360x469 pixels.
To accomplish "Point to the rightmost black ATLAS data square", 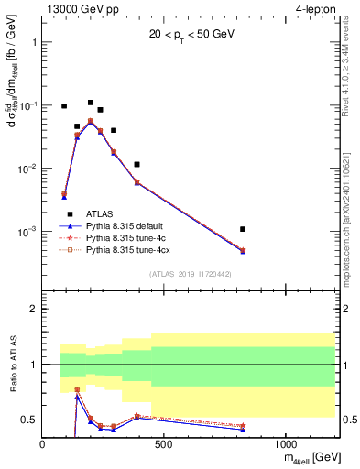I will pyautogui.click(x=243, y=229).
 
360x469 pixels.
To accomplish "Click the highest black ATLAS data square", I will pyautogui.click(x=91, y=103).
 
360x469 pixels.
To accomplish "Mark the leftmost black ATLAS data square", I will pyautogui.click(x=64, y=106).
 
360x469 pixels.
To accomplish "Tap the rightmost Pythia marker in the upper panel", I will pyautogui.click(x=243, y=250).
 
